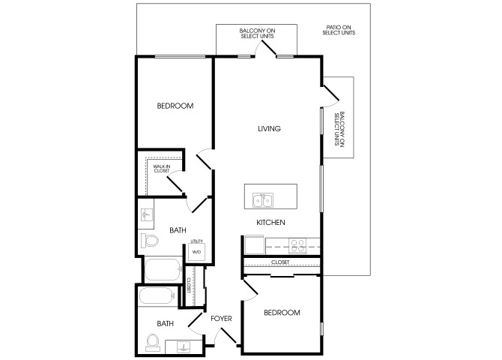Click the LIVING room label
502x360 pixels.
[269, 128]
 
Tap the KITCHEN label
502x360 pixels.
[270, 223]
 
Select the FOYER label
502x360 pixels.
[221, 319]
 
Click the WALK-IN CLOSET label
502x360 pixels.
[162, 169]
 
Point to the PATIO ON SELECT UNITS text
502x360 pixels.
[339, 30]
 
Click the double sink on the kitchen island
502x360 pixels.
[263, 201]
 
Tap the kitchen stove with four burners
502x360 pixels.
[297, 246]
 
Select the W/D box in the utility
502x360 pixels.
[196, 252]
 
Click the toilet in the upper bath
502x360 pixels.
[150, 241]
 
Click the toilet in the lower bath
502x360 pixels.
[153, 342]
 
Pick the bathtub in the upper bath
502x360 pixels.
[163, 269]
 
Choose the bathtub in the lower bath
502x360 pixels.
[157, 295]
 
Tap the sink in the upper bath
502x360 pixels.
[147, 214]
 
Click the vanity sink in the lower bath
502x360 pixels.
[184, 346]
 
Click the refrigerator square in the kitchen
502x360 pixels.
[255, 245]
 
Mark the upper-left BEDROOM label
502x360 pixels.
[175, 106]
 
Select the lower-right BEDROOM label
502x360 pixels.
[282, 313]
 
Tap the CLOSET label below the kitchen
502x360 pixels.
[280, 262]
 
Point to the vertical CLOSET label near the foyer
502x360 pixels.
[189, 285]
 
